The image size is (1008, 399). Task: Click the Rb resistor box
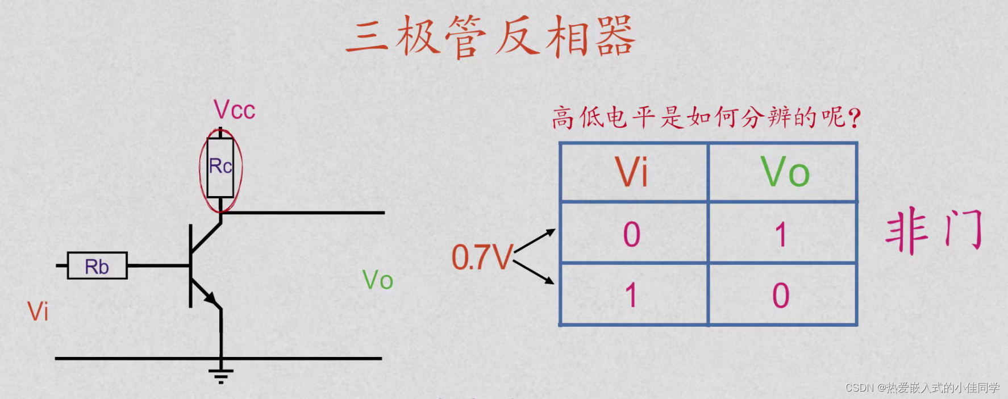point(97,265)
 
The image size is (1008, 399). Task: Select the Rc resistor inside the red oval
point(220,167)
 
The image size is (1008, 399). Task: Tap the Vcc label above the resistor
point(234,110)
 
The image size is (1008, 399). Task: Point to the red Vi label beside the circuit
point(38,311)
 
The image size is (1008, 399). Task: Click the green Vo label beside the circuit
point(378,280)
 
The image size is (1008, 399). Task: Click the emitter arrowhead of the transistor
point(211,298)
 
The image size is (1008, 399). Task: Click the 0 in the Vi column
point(632,234)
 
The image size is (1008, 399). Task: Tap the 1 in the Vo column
point(781,234)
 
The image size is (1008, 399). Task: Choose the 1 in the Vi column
point(631,296)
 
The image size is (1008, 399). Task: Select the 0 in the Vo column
point(781,296)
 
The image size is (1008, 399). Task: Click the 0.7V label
point(482,257)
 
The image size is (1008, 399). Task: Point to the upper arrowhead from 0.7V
point(550,232)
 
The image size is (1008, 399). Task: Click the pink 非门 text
point(934,230)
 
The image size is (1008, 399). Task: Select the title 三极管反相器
point(490,36)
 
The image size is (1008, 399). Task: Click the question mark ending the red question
point(854,118)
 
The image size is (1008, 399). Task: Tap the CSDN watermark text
point(922,388)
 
